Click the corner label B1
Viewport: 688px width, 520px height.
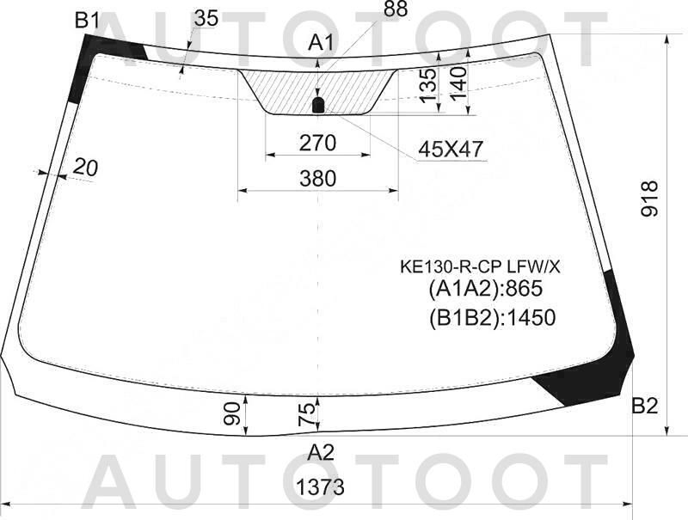[x=89, y=20]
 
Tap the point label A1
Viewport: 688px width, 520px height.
[x=321, y=43]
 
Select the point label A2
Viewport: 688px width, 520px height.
[x=321, y=452]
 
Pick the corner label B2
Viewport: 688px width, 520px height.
[x=644, y=407]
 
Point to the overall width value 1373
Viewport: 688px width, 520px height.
[x=321, y=486]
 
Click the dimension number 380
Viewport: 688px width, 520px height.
[x=317, y=179]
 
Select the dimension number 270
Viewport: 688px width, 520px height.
[x=317, y=143]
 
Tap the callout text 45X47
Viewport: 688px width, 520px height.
[x=450, y=150]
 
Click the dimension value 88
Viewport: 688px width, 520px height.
[x=396, y=9]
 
